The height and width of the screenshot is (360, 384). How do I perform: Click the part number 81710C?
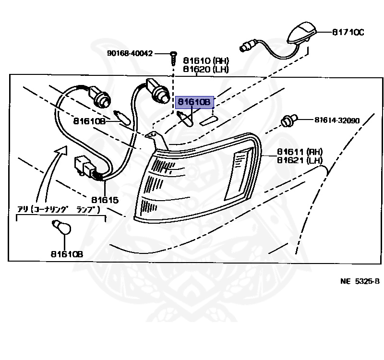pos(348,33)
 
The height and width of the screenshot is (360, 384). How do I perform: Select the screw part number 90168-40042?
pos(130,53)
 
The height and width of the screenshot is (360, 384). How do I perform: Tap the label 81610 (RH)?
pos(205,61)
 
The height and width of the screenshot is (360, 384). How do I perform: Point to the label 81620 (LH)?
pos(205,69)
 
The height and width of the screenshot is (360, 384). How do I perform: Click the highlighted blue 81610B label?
pos(194,102)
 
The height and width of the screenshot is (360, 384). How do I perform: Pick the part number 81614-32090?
pos(337,120)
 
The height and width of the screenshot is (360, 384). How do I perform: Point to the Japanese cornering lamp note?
pos(61,209)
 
